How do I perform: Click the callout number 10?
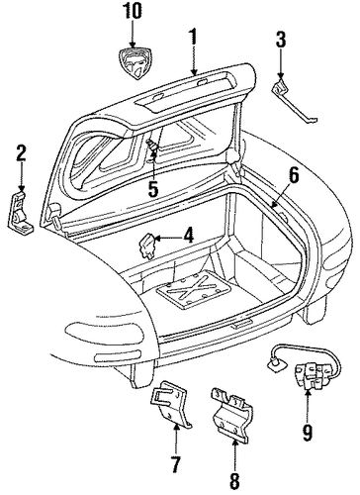(x=133, y=12)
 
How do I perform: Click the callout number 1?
(x=194, y=37)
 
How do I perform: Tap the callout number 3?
(x=281, y=40)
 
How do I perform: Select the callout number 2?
(x=21, y=153)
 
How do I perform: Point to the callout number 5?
(x=153, y=188)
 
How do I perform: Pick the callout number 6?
(x=294, y=175)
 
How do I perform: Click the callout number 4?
(x=189, y=237)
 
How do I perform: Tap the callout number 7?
(x=175, y=464)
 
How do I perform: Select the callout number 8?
(x=234, y=480)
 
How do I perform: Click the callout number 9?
(x=308, y=433)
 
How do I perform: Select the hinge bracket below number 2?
(x=20, y=212)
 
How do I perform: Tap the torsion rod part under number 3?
(x=295, y=102)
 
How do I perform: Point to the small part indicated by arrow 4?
(x=146, y=245)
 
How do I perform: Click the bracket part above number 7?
(x=171, y=405)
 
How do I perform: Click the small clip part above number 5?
(x=152, y=146)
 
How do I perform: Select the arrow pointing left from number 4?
(x=168, y=238)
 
